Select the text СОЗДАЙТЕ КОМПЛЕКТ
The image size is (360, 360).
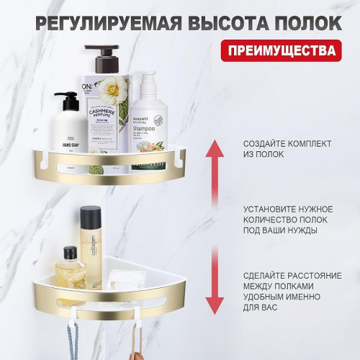[282, 143]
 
